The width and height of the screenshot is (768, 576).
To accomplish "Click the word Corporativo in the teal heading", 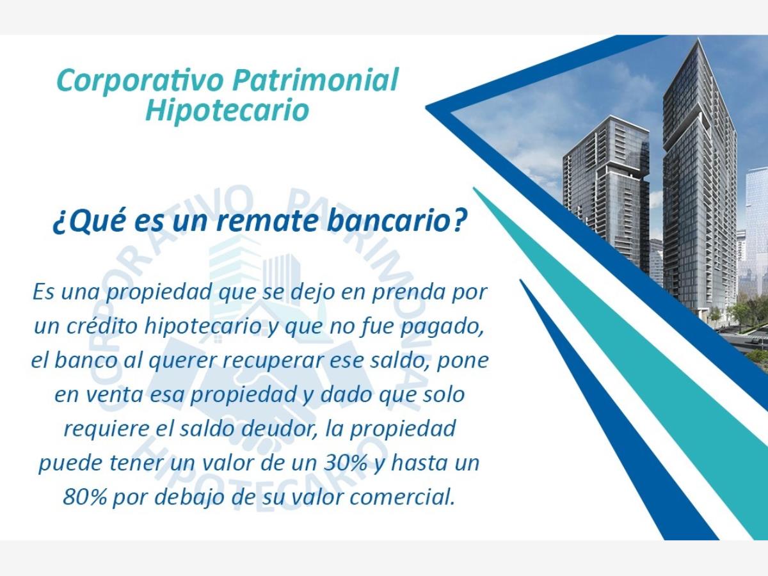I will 140,81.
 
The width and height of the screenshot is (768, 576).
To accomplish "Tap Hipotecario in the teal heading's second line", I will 227,110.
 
